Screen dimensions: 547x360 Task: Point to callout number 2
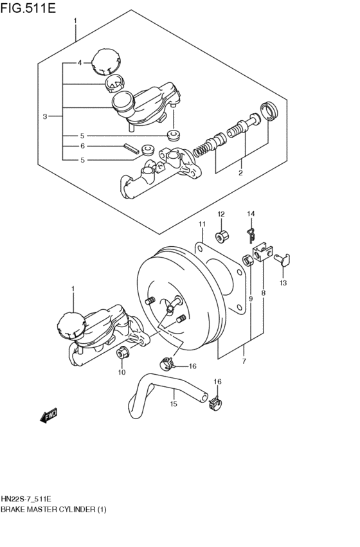[240, 173]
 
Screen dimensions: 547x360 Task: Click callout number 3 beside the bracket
[45, 116]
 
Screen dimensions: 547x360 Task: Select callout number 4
[80, 63]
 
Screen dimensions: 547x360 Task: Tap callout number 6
[82, 146]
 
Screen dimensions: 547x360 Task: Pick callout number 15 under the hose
[173, 404]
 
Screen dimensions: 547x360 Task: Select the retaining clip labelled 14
[251, 236]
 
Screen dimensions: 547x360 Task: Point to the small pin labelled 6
[129, 147]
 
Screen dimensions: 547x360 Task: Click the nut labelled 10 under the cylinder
[122, 352]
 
